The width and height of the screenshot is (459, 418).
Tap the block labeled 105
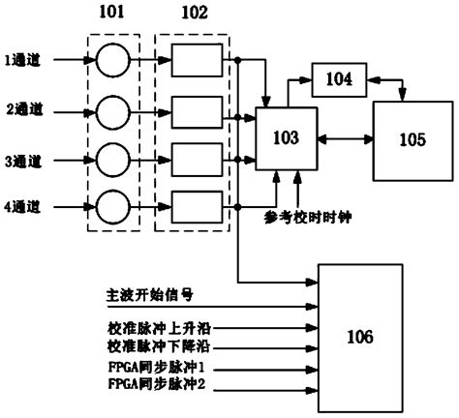pyautogui.click(x=411, y=137)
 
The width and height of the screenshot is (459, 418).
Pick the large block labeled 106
pyautogui.click(x=360, y=338)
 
